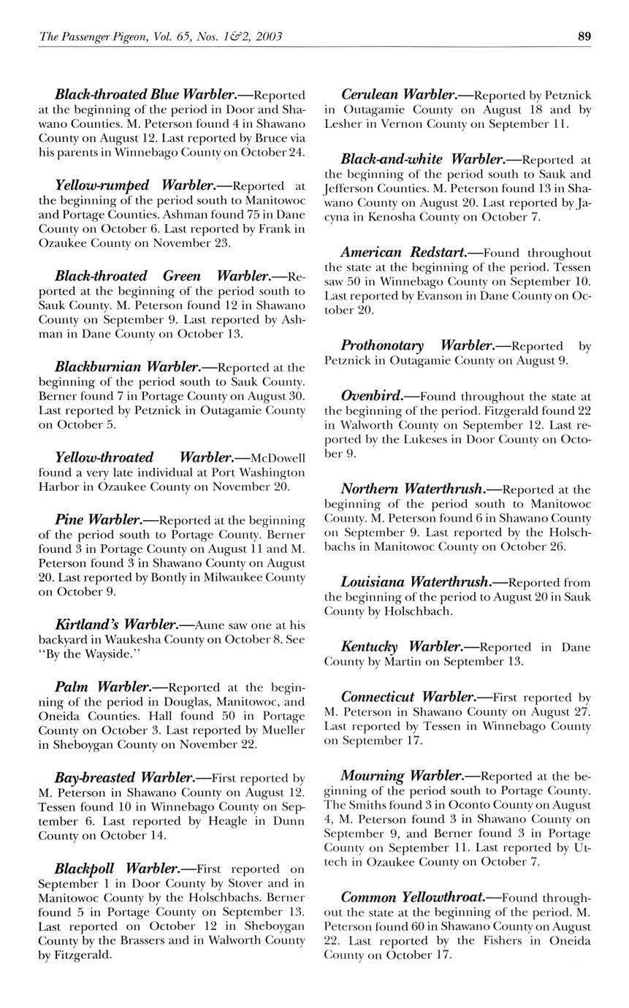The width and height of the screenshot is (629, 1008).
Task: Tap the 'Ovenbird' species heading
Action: tap(373, 396)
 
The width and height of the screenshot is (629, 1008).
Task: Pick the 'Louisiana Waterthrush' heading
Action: tap(414, 582)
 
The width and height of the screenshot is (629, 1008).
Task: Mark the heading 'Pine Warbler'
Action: tap(98, 520)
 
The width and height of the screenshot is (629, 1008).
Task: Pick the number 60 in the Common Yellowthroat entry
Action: tap(417, 926)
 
